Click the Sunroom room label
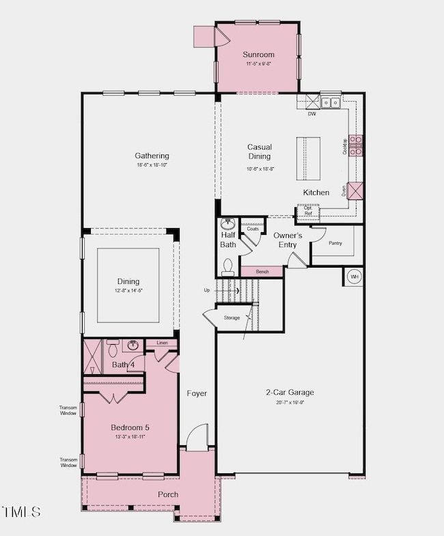(x=258, y=55)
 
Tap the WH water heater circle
(x=354, y=277)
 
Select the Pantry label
(x=335, y=242)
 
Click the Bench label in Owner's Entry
(x=262, y=272)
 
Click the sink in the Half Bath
(x=228, y=224)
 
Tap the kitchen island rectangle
(x=308, y=158)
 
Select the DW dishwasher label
(x=311, y=114)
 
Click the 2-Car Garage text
(x=290, y=393)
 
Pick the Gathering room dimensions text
(x=151, y=165)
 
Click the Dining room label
(x=128, y=281)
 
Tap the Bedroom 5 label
(x=128, y=427)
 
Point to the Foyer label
(x=197, y=393)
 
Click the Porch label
(x=168, y=494)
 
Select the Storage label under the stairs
(x=232, y=318)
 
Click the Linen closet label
(x=162, y=343)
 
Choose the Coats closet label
(x=253, y=229)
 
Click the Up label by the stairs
(x=207, y=290)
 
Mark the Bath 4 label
(x=124, y=365)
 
